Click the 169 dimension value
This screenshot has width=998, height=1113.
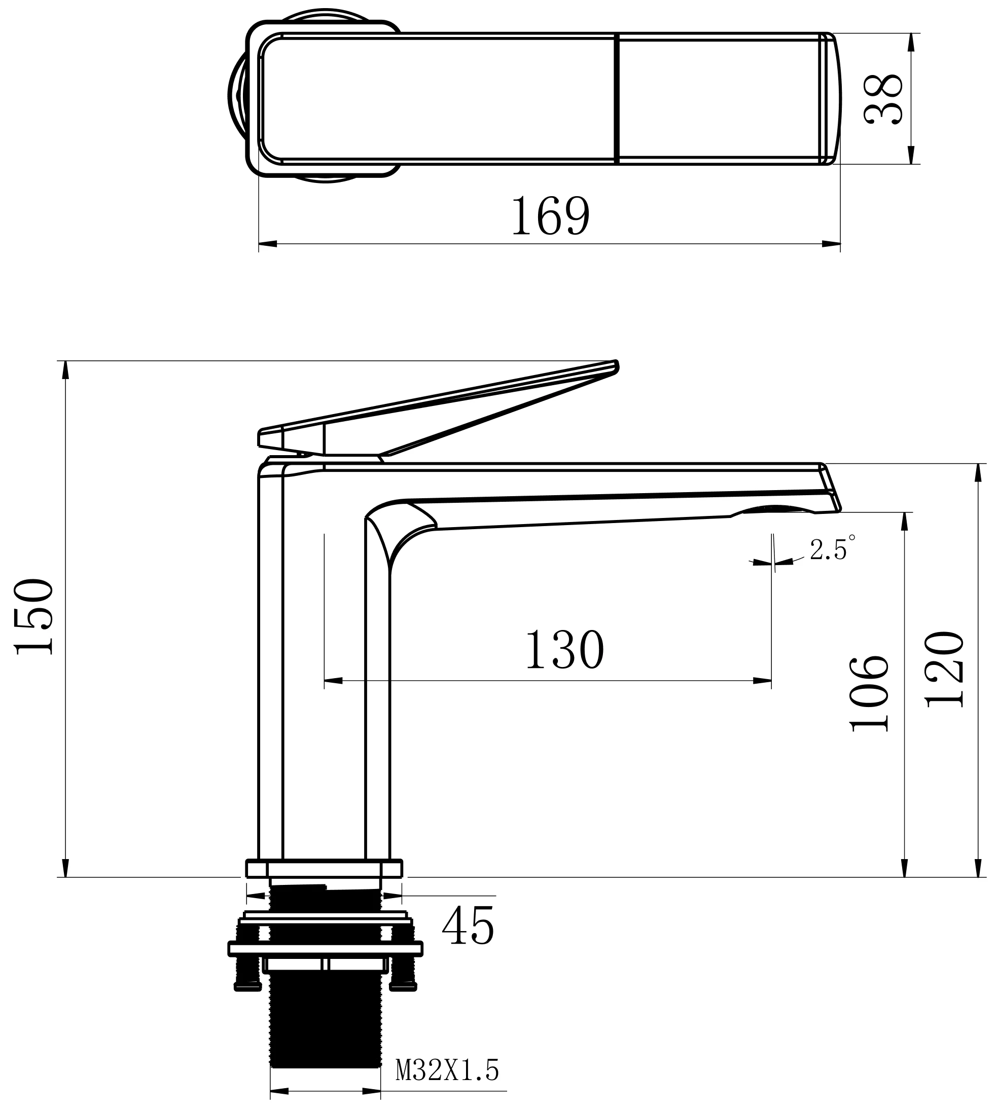(551, 216)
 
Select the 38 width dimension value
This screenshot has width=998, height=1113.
(883, 99)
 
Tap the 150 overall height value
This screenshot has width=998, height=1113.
(34, 616)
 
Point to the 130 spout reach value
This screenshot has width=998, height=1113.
(565, 650)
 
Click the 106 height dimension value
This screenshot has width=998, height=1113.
(869, 693)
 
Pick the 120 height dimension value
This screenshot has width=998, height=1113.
(944, 670)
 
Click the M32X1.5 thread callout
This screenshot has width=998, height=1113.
(447, 1070)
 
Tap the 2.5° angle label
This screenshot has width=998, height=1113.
(832, 548)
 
